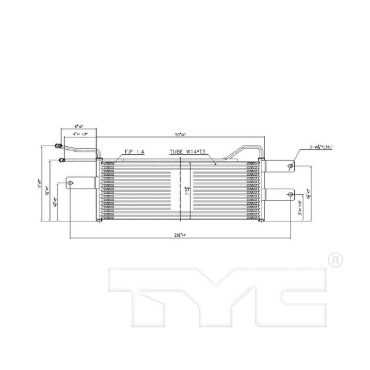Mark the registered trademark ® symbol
click(x=334, y=260)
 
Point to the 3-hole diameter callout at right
click(x=324, y=148)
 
